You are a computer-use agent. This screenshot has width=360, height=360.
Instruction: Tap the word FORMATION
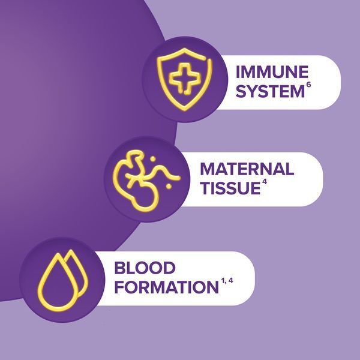click(x=166, y=287)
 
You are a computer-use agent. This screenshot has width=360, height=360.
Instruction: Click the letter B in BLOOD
click(x=120, y=268)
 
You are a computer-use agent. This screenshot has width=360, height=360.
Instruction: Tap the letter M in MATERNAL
click(x=208, y=169)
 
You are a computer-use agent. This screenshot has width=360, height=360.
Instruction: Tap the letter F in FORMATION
click(x=119, y=287)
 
